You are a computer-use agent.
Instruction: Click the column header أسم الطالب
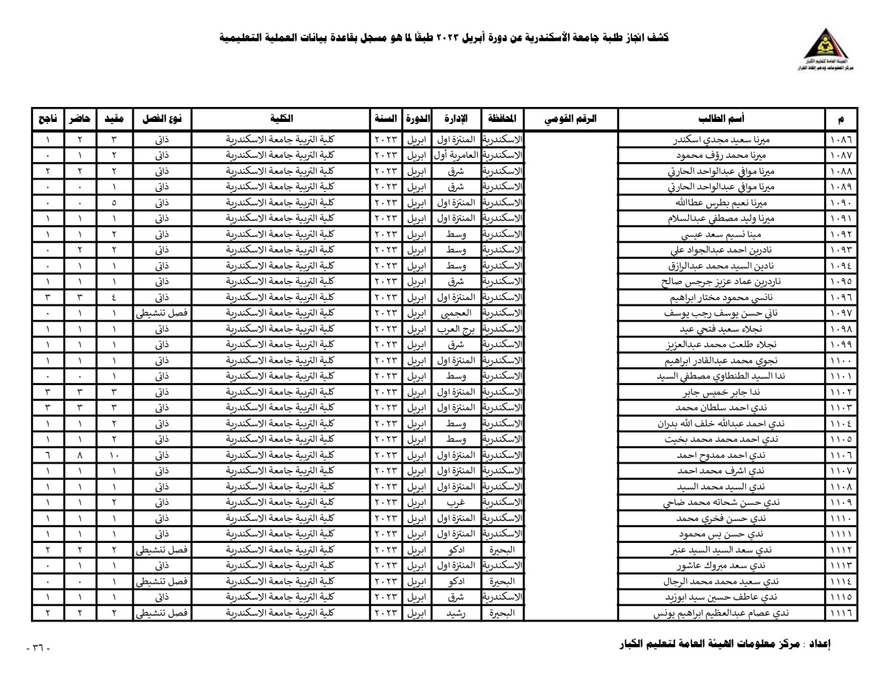pyautogui.click(x=721, y=119)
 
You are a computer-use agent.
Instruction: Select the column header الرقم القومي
pyautogui.click(x=571, y=119)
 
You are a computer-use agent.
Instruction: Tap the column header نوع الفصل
pyautogui.click(x=162, y=119)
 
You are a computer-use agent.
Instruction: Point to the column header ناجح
pyautogui.click(x=47, y=119)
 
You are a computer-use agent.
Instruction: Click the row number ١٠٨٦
pyautogui.click(x=841, y=140)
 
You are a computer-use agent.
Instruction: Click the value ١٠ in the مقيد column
pyautogui.click(x=114, y=455)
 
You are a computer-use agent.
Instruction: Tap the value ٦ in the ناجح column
pyautogui.click(x=47, y=455)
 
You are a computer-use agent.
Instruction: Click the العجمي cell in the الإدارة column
pyautogui.click(x=456, y=313)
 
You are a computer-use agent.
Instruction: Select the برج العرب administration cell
pyautogui.click(x=456, y=329)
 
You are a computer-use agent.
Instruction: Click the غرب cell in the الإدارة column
pyautogui.click(x=456, y=503)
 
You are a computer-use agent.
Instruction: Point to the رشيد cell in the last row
pyautogui.click(x=456, y=613)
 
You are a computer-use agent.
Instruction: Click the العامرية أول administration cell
pyautogui.click(x=456, y=155)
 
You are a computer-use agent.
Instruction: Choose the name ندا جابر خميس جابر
pyautogui.click(x=721, y=392)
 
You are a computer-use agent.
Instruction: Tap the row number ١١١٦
pyautogui.click(x=841, y=613)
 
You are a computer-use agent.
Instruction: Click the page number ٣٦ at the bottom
pyautogui.click(x=38, y=648)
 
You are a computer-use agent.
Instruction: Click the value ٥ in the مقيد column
pyautogui.click(x=114, y=203)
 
